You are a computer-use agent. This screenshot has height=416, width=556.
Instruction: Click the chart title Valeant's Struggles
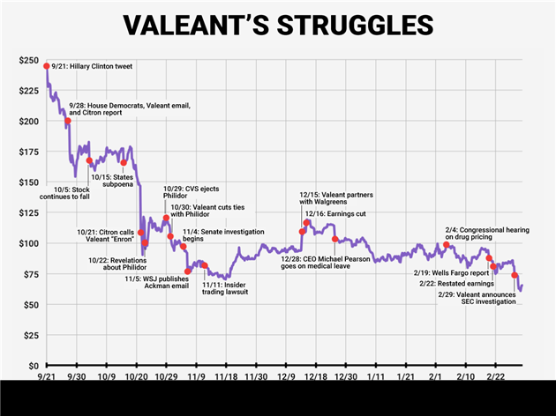(x=278, y=26)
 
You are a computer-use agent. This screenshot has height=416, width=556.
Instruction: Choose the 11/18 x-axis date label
(x=225, y=377)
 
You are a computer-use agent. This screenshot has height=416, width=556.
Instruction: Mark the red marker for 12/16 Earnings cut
(x=307, y=223)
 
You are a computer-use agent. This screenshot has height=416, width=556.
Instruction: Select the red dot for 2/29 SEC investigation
(x=515, y=276)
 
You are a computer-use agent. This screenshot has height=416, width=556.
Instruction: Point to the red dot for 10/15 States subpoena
(x=124, y=162)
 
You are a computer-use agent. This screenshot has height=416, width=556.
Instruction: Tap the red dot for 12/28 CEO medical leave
(x=334, y=239)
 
